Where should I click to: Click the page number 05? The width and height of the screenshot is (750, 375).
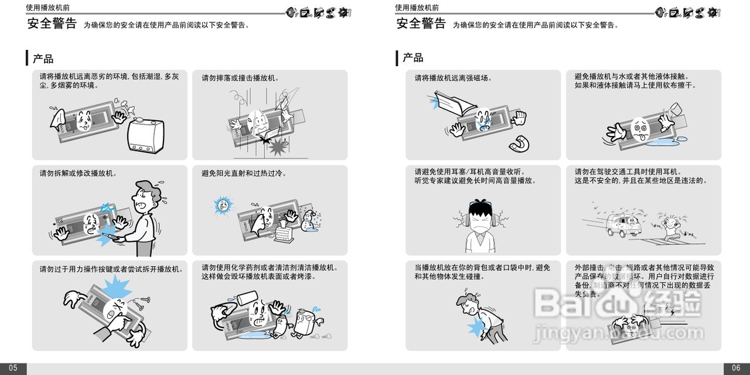point(13,368)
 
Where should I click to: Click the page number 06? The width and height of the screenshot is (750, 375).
point(737,368)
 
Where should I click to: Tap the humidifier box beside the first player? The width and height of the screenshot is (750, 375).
point(145,136)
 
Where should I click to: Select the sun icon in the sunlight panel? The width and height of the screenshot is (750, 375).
point(223,204)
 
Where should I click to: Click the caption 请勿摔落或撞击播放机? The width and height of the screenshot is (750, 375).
point(241,78)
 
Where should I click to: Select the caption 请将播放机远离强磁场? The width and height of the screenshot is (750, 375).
point(453,78)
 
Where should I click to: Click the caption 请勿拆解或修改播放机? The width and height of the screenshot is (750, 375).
point(78,173)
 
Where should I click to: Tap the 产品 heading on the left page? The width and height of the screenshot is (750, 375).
point(43,59)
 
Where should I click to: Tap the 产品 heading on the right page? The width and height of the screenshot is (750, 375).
point(412,57)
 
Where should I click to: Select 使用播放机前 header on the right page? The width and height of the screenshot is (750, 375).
point(417,8)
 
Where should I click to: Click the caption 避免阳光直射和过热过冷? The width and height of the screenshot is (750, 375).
point(244,173)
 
